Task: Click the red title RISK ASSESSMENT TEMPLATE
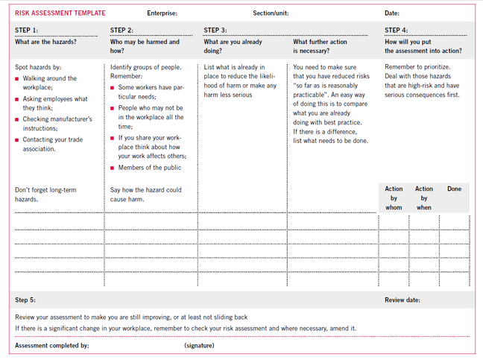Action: click(60, 13)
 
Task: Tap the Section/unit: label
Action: click(271, 13)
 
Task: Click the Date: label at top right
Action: click(392, 13)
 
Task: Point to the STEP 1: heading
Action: click(27, 31)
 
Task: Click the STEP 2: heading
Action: click(122, 31)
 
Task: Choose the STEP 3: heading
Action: click(215, 31)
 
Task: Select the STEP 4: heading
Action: click(397, 31)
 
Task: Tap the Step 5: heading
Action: click(25, 300)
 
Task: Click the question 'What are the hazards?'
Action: click(45, 42)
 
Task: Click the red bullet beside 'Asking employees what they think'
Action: click(17, 99)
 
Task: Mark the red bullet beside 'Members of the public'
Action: click(113, 168)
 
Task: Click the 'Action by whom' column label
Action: click(394, 198)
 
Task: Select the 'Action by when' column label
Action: click(424, 198)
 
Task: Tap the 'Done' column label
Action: click(454, 189)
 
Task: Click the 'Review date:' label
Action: click(402, 300)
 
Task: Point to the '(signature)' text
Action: click(199, 345)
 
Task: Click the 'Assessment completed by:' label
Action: click(52, 345)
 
